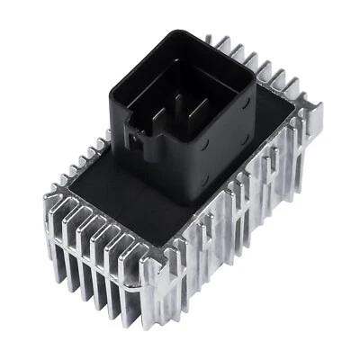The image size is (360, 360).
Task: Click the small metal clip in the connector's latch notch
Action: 135,141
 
